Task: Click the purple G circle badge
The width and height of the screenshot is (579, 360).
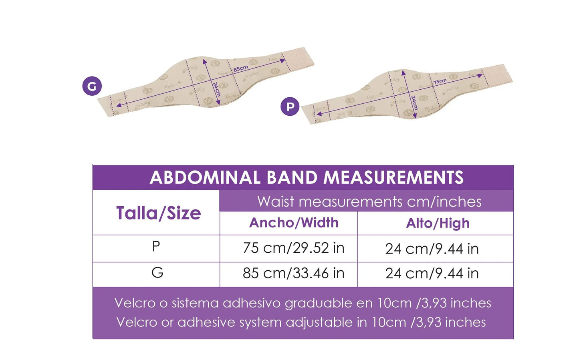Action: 92,86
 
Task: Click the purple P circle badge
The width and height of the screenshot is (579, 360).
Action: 290,107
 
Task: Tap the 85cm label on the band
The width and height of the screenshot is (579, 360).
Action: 241,69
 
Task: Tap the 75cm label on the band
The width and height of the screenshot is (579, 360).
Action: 440,82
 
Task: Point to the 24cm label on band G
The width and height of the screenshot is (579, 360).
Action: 216,89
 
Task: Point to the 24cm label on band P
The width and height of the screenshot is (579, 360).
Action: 414,103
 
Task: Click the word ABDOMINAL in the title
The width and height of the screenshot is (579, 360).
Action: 205,178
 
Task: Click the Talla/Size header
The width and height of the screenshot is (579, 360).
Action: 158,213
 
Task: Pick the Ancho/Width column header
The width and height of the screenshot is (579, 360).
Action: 294,223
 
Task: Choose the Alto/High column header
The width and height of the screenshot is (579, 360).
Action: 438,223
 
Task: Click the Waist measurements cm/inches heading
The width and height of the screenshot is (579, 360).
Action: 369,201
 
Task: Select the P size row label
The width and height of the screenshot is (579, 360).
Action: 156,246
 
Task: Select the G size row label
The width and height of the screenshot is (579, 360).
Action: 157,273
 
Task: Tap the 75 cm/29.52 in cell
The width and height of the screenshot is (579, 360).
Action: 293,248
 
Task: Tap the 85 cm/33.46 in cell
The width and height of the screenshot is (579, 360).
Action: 293,273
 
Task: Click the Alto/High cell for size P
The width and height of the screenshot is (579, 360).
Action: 432,249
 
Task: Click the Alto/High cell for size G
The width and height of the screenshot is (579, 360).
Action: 432,274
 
